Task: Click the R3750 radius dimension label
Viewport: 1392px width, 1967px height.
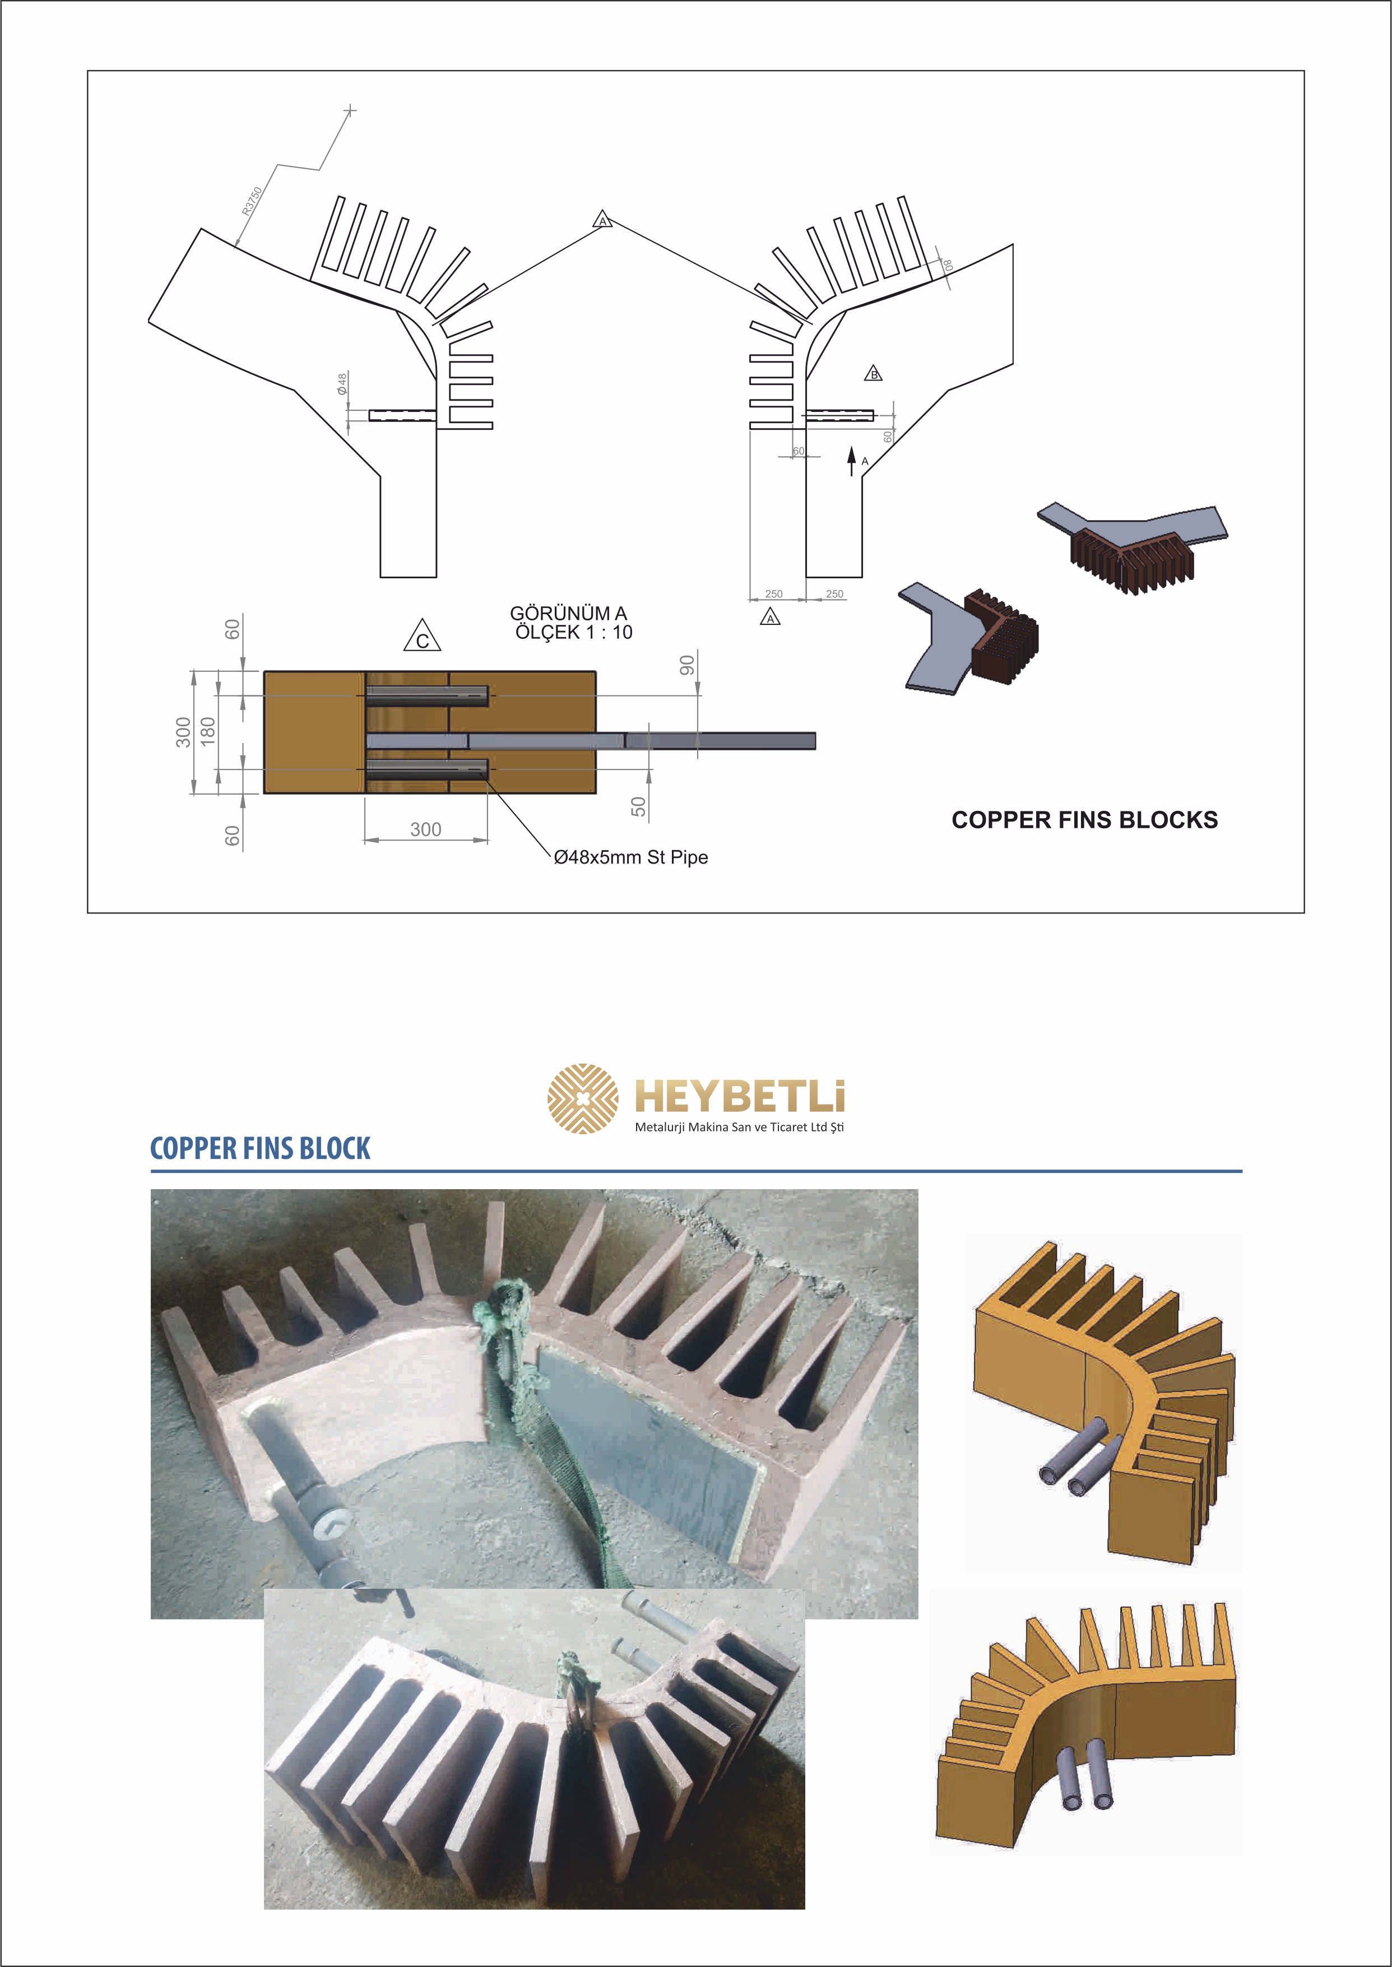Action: point(252,201)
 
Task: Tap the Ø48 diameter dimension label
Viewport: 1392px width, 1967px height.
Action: point(342,383)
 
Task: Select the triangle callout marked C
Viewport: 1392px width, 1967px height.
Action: point(423,635)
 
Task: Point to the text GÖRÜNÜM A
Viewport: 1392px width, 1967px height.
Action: point(568,614)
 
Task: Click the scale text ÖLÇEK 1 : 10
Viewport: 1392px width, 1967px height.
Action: point(573,633)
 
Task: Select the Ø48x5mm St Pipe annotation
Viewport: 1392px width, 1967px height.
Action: point(631,857)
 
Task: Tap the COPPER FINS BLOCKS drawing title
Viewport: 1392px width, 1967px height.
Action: point(1084,820)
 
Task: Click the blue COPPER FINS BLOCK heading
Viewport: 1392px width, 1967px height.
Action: point(261,1148)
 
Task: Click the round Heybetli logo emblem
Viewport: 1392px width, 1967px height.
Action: point(583,1099)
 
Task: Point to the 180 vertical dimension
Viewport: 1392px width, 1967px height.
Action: point(207,732)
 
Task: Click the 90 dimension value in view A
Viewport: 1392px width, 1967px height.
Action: point(686,665)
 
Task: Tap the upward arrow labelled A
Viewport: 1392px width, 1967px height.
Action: point(852,461)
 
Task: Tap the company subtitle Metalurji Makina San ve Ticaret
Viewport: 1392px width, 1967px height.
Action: point(739,1127)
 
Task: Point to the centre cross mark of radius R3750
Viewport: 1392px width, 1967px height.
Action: point(350,110)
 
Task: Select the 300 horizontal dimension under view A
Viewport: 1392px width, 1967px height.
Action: point(426,829)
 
